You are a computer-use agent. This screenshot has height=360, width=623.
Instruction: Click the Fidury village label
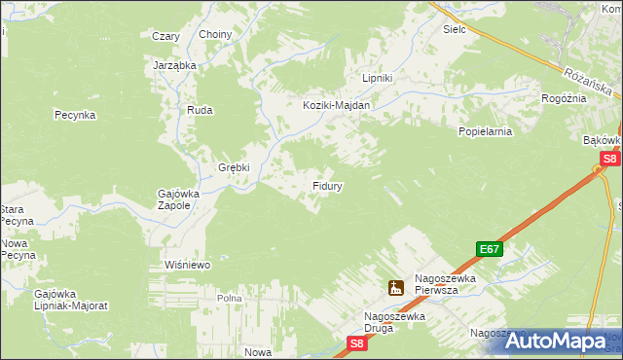click(326, 184)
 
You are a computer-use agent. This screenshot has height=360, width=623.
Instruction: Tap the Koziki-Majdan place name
click(336, 105)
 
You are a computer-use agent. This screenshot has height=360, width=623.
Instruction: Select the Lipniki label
click(377, 78)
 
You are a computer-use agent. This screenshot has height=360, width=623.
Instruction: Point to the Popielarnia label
click(486, 129)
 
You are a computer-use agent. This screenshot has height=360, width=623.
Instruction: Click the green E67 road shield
click(490, 249)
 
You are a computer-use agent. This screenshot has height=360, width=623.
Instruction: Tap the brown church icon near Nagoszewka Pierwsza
click(395, 287)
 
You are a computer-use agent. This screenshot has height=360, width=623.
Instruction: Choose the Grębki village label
click(234, 166)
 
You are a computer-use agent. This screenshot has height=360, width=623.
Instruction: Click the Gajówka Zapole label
click(178, 199)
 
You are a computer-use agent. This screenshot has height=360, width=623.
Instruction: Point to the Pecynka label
click(74, 115)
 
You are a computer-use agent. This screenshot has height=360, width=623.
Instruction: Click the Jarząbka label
click(175, 65)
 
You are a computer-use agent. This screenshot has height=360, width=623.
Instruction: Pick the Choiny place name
click(215, 35)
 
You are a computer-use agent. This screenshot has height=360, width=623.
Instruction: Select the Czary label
click(165, 36)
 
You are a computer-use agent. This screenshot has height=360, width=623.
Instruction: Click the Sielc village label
click(455, 29)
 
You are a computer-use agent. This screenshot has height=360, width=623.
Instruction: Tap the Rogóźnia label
click(564, 98)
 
